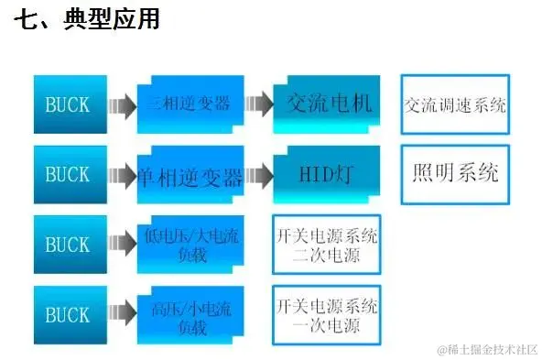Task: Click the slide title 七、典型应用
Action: [x=87, y=20]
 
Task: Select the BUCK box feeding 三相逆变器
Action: [x=67, y=104]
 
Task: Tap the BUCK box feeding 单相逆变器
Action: [x=67, y=174]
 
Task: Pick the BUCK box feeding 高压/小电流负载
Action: [x=67, y=316]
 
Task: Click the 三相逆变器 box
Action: [x=190, y=103]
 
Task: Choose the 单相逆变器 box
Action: [x=190, y=173]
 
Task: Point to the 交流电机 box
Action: [x=327, y=103]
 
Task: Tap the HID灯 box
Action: [x=327, y=173]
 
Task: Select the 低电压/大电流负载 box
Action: [x=190, y=244]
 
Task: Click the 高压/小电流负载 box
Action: [x=190, y=314]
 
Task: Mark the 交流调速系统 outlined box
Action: [x=455, y=104]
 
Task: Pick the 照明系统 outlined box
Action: [x=455, y=171]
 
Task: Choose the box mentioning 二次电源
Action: [x=327, y=244]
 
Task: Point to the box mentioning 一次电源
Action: [x=327, y=314]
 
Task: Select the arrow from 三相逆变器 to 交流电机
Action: [x=259, y=103]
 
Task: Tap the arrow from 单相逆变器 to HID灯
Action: [x=259, y=173]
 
